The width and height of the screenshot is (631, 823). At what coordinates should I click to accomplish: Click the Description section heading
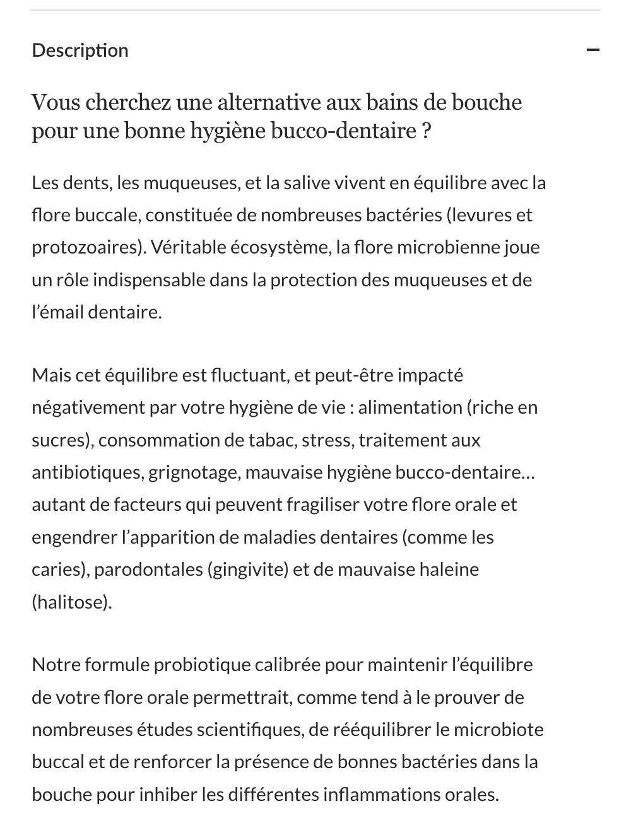(80, 50)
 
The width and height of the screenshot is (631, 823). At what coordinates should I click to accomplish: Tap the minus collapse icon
(593, 50)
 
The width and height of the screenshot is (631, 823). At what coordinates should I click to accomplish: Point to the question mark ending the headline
(426, 131)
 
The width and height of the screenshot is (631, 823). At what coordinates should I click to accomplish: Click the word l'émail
(57, 312)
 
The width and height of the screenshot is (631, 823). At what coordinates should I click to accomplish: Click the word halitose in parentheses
(71, 602)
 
